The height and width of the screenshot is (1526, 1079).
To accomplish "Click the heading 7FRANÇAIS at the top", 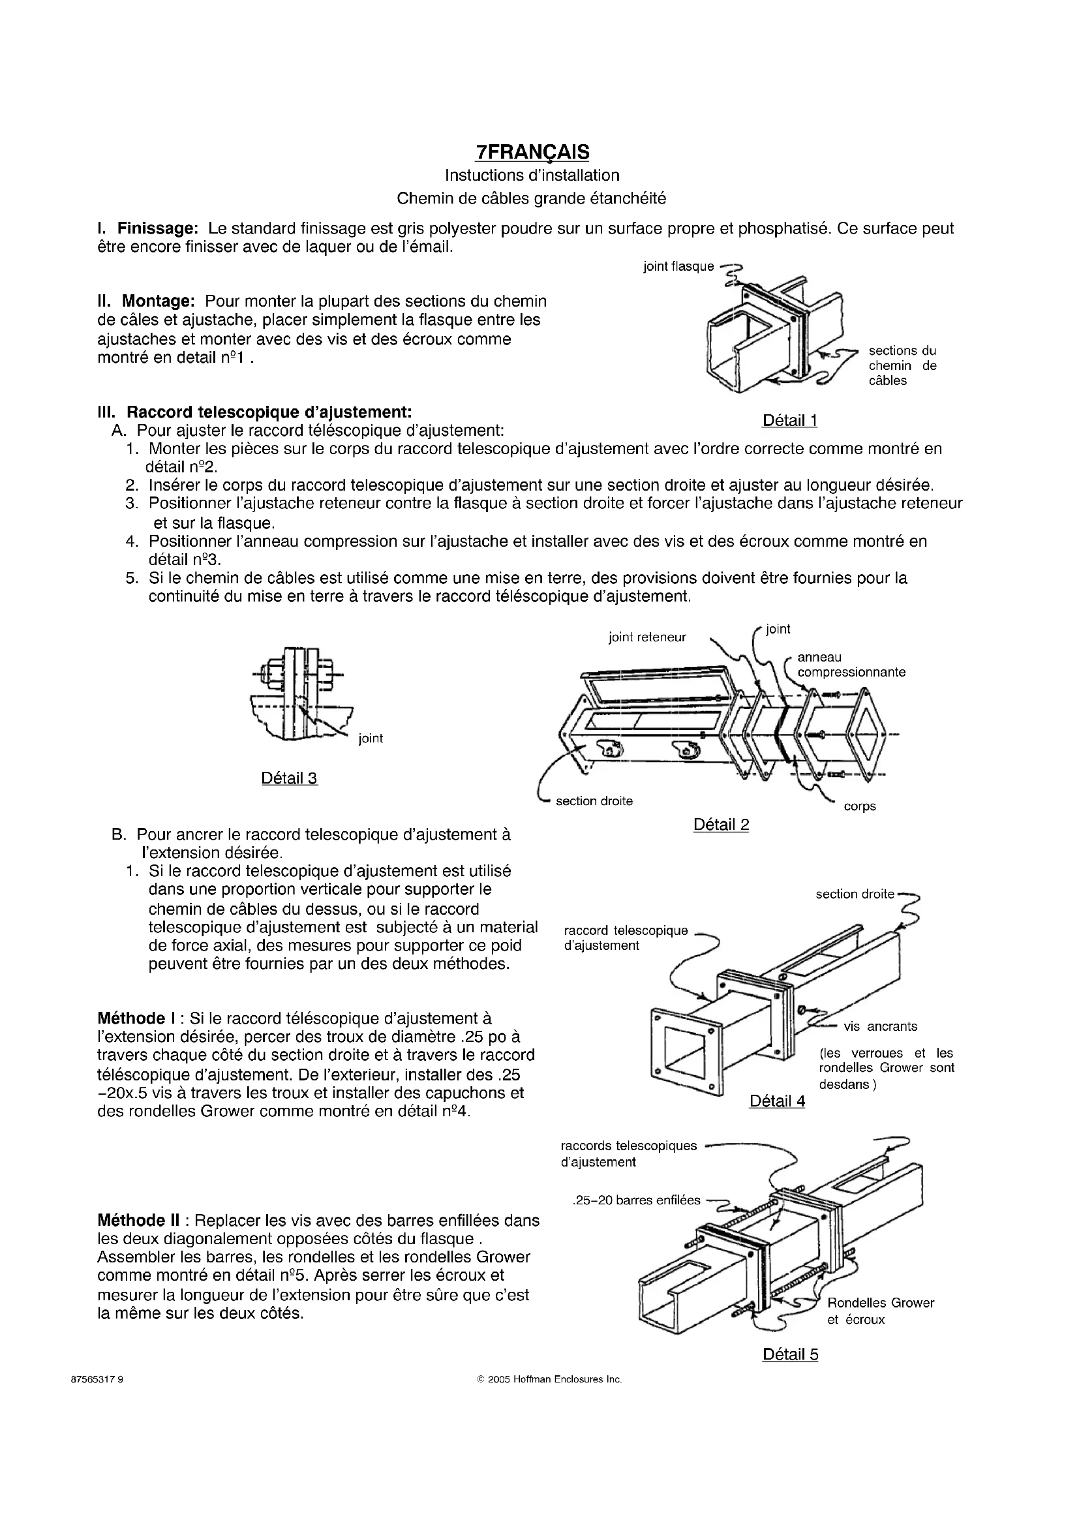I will click(x=533, y=152).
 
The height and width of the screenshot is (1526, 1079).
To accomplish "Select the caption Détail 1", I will click(x=789, y=421).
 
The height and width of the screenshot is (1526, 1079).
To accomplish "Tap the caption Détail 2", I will click(x=721, y=825).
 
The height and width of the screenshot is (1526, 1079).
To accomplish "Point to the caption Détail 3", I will click(x=290, y=778).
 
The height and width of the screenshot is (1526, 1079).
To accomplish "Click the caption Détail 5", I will click(x=790, y=1354).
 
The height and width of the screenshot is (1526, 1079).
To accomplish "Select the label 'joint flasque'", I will click(x=678, y=267).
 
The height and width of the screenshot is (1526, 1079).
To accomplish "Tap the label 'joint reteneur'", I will click(x=647, y=638).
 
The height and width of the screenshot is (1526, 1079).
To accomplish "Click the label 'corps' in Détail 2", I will click(x=860, y=807).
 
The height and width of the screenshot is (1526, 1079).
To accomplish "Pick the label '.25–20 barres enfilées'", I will click(x=636, y=1200).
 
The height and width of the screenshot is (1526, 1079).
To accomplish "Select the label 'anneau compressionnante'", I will click(x=851, y=665).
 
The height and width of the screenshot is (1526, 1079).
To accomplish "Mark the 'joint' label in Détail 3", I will click(x=371, y=739).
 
